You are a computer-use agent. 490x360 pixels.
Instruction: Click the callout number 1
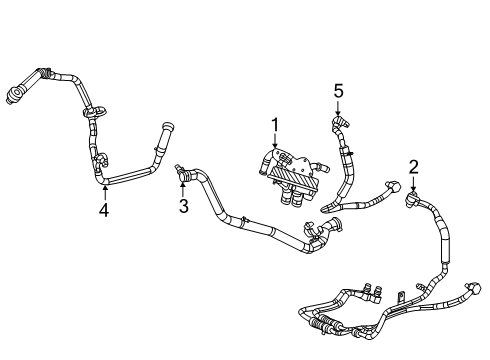271,126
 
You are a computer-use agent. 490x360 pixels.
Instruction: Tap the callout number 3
183,206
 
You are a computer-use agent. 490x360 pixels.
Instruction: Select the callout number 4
105,210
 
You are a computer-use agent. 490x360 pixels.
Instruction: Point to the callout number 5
338,90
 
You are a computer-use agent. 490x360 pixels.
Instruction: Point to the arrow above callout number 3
183,187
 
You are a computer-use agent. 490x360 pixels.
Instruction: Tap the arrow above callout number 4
105,191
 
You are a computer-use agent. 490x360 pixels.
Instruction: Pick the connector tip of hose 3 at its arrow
181,169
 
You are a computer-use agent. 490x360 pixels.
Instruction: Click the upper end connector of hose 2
411,203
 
